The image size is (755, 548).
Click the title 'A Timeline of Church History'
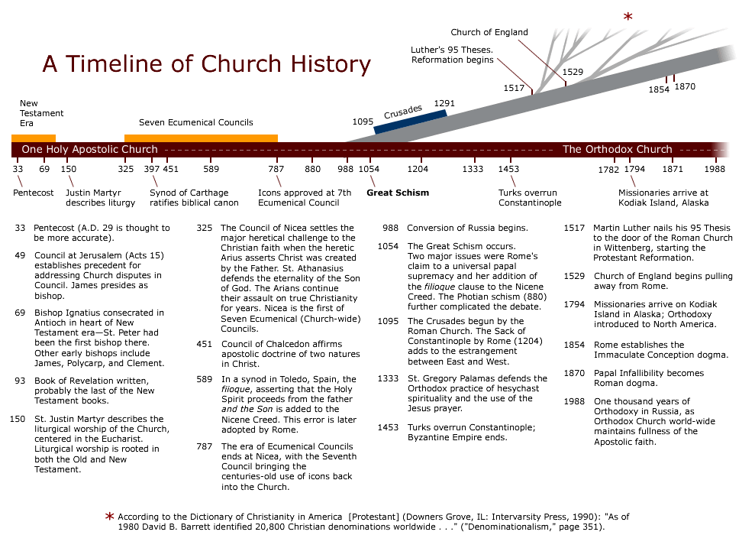pos(206,64)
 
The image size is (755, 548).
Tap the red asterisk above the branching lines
pos(628,17)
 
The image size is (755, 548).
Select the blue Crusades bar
pos(410,122)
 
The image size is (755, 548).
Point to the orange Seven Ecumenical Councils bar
pos(201,137)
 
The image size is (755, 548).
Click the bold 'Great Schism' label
pos(398,193)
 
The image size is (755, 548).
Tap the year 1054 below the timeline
pos(369,169)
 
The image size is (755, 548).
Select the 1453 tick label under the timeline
pos(508,169)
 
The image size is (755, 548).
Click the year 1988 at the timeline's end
pos(715,169)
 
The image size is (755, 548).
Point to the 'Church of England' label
pos(489,33)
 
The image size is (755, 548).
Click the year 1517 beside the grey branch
pos(514,88)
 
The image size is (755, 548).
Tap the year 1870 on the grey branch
pos(685,86)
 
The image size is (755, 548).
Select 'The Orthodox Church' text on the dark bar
pos(617,150)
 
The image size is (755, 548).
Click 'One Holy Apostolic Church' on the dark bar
pos(89,150)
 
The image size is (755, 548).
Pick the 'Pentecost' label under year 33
pos(34,193)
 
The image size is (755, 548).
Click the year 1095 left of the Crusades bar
pos(363,121)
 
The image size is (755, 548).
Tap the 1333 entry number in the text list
pos(388,378)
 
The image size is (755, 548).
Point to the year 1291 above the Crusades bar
pos(444,102)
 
